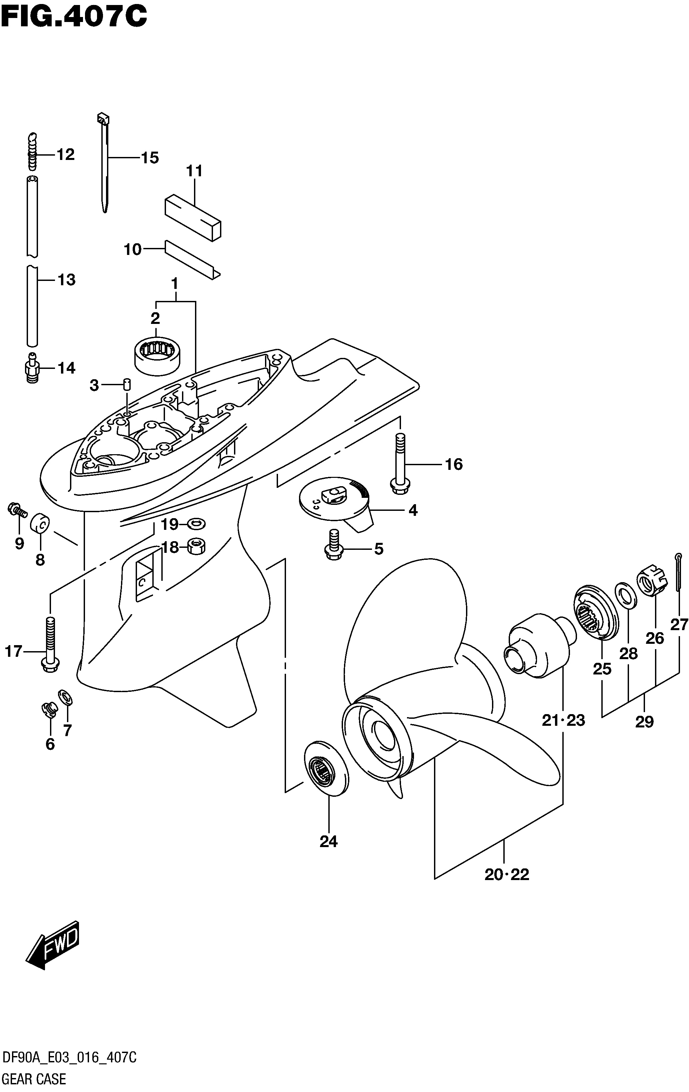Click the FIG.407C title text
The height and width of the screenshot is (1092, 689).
point(74,17)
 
